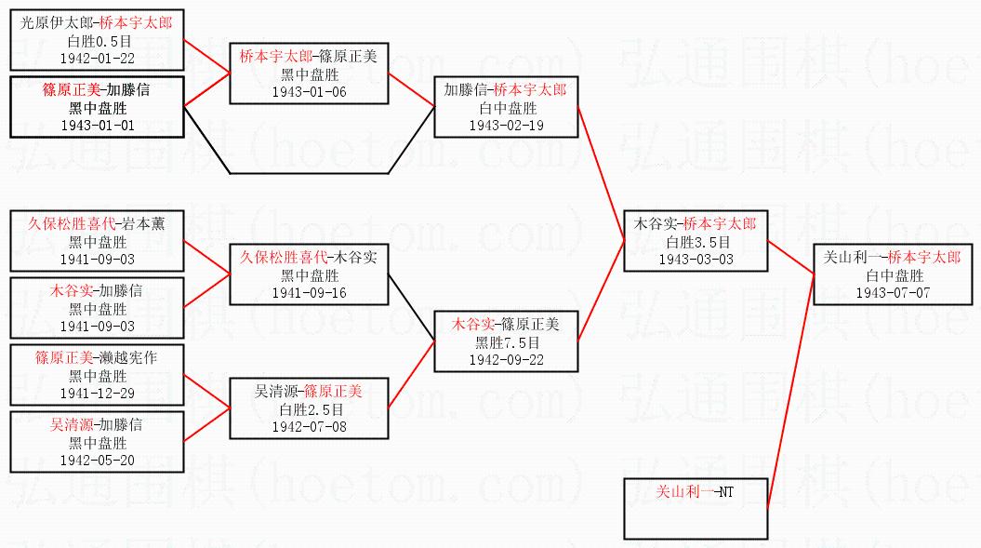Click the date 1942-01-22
pos(98,58)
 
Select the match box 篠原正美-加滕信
pos(97,107)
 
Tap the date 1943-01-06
pos(309,92)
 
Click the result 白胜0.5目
pos(98,41)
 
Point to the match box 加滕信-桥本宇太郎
pos(505,107)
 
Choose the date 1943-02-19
pos(506,126)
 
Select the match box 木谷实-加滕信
pos(97,308)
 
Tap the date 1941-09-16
pos(309,293)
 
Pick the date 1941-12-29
pos(98,394)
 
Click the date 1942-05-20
pos(98,461)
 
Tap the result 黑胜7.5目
pos(507,341)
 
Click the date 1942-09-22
pos(507,359)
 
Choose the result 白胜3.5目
pos(696,242)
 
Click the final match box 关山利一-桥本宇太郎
pos(892,274)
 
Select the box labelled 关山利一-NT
pos(696,507)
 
